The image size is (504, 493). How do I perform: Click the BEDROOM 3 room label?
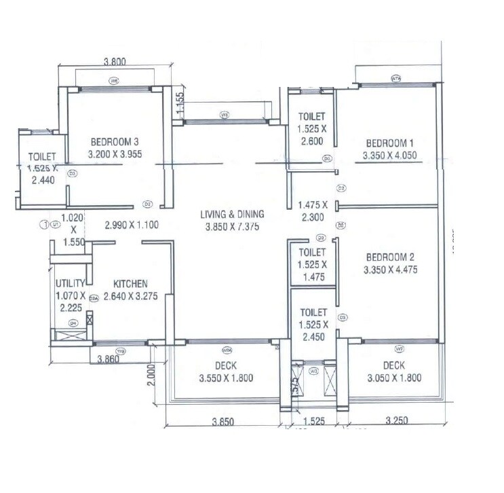[x=114, y=142]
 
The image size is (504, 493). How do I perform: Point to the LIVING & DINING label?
[x=232, y=215]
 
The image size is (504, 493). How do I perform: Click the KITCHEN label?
[x=130, y=283]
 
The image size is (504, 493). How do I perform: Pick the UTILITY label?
[x=71, y=283]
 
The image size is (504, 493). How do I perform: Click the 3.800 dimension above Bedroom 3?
[x=115, y=61]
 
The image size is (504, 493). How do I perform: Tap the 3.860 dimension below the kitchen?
[x=109, y=359]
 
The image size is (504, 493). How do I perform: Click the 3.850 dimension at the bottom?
[x=223, y=421]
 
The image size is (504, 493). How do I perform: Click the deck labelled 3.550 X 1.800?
[x=227, y=372]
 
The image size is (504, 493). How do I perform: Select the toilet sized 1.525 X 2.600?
[x=311, y=129]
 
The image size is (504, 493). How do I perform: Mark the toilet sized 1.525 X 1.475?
[x=311, y=265]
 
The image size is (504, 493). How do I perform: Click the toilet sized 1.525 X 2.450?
[x=311, y=324]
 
